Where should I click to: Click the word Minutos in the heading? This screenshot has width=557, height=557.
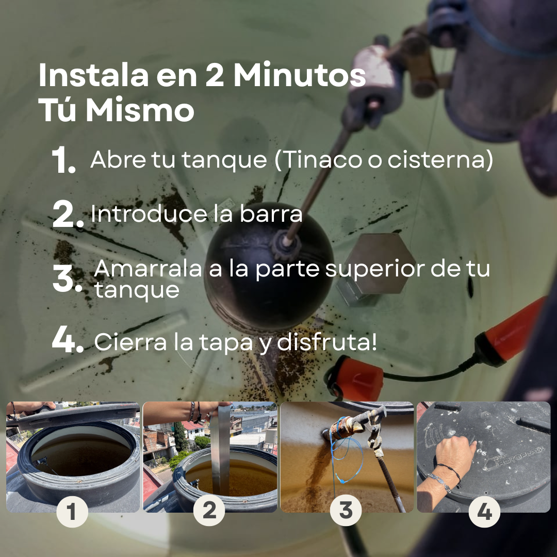click(x=300, y=75)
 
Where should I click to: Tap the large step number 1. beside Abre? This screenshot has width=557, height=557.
click(x=63, y=160)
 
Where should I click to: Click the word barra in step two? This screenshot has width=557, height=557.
click(x=271, y=214)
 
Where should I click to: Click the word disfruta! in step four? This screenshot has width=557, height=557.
click(x=326, y=342)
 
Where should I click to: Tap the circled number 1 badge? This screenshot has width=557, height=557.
click(x=72, y=512)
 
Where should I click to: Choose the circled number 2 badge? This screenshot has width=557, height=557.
click(x=209, y=511)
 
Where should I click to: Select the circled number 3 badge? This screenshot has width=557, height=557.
click(x=346, y=511)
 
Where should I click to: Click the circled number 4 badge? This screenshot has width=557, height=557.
click(x=484, y=512)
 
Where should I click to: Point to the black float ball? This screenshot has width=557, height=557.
click(x=268, y=270)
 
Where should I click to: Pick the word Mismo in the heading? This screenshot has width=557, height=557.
click(x=140, y=110)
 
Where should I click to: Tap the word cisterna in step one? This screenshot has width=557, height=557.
click(x=440, y=159)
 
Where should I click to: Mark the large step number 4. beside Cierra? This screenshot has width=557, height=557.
click(x=68, y=340)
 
